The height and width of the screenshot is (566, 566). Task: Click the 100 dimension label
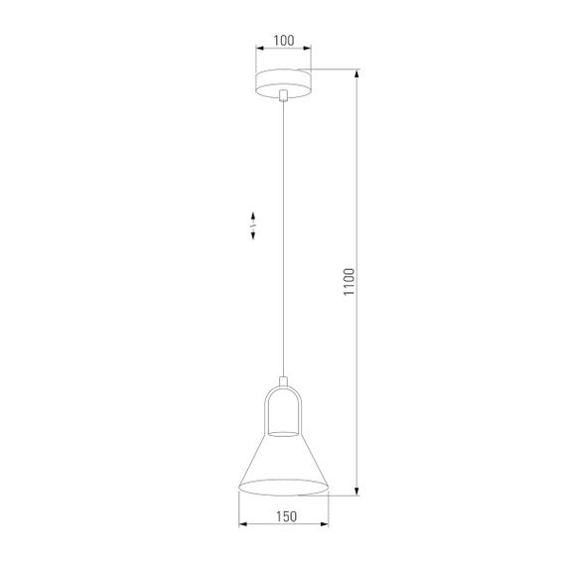[283, 41]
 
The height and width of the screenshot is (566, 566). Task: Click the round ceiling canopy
[283, 81]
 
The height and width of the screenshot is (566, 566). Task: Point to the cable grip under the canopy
[283, 96]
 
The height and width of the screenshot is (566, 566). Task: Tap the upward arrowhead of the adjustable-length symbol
[254, 215]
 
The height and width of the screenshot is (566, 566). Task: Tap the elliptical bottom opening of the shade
[283, 489]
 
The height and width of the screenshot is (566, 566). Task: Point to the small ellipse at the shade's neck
[283, 433]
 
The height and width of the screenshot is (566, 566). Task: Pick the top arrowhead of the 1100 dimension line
[357, 72]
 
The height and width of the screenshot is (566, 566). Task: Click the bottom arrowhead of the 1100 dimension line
[357, 494]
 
